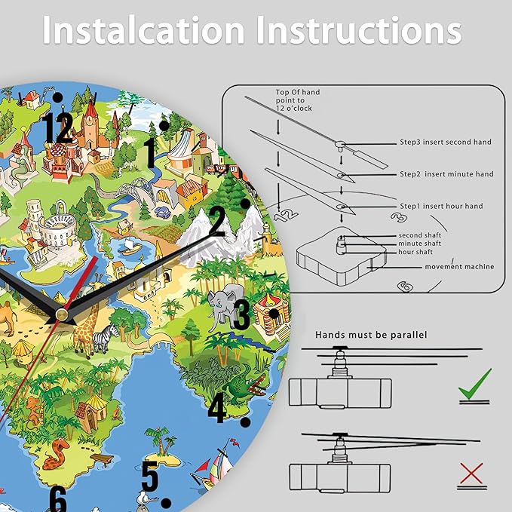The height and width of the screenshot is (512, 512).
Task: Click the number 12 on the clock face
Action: (x=57, y=128)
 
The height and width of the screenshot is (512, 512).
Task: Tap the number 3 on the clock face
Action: (x=241, y=315)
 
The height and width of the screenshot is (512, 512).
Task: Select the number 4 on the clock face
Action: (x=217, y=407)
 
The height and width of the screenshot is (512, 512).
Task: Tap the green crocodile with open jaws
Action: (x=247, y=385)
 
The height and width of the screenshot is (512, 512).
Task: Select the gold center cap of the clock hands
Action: (x=61, y=314)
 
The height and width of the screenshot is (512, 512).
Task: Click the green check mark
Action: (x=475, y=384)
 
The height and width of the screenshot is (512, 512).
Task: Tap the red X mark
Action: (x=471, y=473)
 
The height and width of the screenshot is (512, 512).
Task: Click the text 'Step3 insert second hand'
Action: (x=446, y=142)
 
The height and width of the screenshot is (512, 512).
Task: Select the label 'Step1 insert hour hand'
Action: (x=441, y=206)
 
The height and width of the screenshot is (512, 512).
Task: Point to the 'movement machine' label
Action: (x=459, y=267)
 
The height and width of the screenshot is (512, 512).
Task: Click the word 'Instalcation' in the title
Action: (x=143, y=29)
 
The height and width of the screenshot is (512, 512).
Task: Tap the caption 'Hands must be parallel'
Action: (x=371, y=335)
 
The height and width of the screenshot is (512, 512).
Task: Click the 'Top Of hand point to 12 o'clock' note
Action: (x=297, y=100)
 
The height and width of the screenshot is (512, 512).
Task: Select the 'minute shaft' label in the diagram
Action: (x=419, y=244)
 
